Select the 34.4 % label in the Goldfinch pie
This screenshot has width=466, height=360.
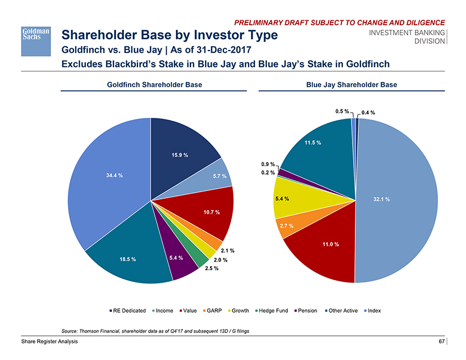point(115,175)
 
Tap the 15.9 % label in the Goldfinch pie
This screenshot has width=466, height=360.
point(179,155)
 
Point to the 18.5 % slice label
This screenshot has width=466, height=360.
point(128,259)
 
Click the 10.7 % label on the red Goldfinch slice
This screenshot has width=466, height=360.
point(211,212)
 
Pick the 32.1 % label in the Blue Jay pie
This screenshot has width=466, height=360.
point(381,199)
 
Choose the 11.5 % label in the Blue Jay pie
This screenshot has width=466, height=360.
point(313,143)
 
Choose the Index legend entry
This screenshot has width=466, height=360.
point(373,311)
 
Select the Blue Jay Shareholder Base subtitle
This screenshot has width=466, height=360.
point(351,85)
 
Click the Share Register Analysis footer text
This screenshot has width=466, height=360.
point(50,342)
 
